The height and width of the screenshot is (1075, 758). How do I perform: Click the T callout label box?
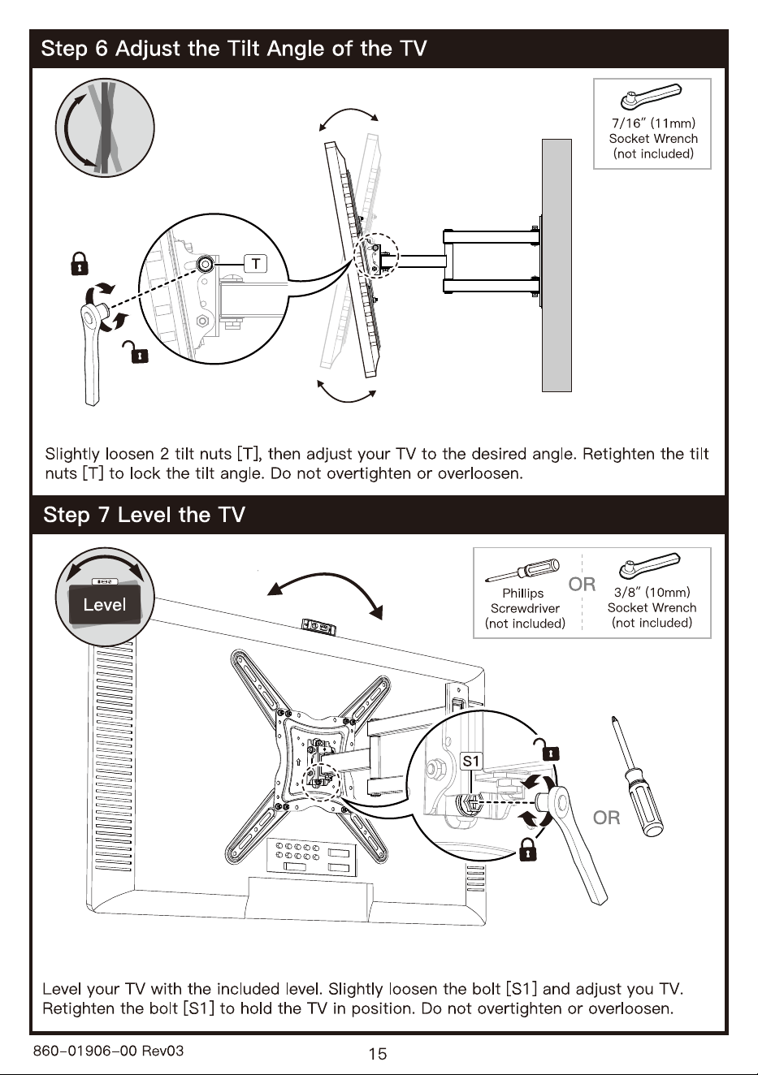(256, 263)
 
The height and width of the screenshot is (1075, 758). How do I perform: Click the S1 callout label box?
(470, 761)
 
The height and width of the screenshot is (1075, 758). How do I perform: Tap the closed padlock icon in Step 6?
(80, 263)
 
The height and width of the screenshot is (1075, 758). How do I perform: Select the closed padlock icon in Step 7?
(527, 849)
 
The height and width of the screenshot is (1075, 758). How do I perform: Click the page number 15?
(378, 1054)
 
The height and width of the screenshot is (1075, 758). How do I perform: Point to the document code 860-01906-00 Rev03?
(109, 1051)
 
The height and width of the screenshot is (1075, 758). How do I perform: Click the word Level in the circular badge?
(104, 605)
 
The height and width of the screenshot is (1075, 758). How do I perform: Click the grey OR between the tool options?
(582, 584)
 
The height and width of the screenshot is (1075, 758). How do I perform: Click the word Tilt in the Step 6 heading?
(245, 49)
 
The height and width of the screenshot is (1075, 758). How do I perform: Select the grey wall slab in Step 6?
(557, 266)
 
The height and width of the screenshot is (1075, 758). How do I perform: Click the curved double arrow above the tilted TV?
(349, 110)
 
